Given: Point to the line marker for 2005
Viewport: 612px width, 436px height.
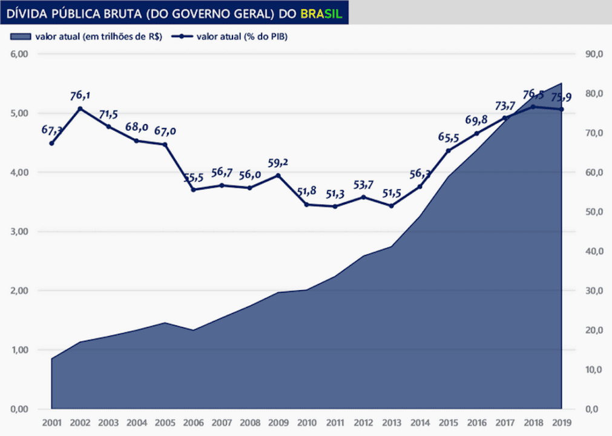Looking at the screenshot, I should click(165, 145).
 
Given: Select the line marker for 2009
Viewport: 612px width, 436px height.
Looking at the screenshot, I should click(278, 176).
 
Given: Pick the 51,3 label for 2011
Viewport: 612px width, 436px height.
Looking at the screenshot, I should click(335, 193).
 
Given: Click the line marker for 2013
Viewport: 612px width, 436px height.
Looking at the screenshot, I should click(392, 206).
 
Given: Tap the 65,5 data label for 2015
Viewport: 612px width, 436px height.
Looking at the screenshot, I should click(449, 137).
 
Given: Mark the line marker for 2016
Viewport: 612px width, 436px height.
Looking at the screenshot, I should click(476, 133).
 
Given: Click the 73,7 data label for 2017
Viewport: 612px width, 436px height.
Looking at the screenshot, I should click(505, 106).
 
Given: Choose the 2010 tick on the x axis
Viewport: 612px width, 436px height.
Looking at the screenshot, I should click(306, 421).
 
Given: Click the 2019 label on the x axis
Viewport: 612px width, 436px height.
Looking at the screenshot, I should click(562, 421).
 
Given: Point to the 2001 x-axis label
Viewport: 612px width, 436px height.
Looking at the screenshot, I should click(51, 421).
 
